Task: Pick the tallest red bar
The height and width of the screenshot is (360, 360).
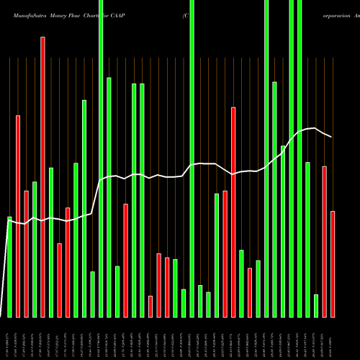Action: tap(42, 177)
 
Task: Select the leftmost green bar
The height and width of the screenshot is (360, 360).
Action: tap(9, 266)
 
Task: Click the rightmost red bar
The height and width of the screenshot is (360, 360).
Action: tap(333, 264)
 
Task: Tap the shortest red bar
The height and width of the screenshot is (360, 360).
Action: tap(150, 306)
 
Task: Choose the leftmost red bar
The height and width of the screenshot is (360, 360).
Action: tap(18, 216)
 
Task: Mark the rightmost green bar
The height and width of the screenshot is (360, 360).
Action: tap(316, 305)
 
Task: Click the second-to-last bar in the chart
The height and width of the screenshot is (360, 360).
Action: tap(325, 241)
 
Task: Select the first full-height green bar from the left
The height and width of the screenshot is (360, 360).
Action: tap(101, 158)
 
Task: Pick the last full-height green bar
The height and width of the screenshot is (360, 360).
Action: tap(300, 158)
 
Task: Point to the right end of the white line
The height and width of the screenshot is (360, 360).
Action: tap(332, 137)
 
